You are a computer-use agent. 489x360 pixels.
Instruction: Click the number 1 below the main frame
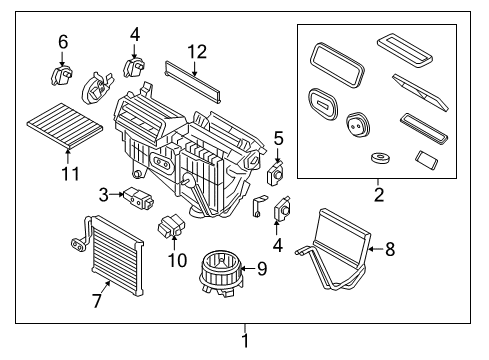tap(244, 342)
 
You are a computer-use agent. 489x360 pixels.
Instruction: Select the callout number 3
tap(103, 193)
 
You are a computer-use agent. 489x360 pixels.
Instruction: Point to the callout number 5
tap(279, 137)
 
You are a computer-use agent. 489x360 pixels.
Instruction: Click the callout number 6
tap(63, 41)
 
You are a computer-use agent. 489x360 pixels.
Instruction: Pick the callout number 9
tap(262, 267)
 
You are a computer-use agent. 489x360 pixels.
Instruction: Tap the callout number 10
tap(180, 260)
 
